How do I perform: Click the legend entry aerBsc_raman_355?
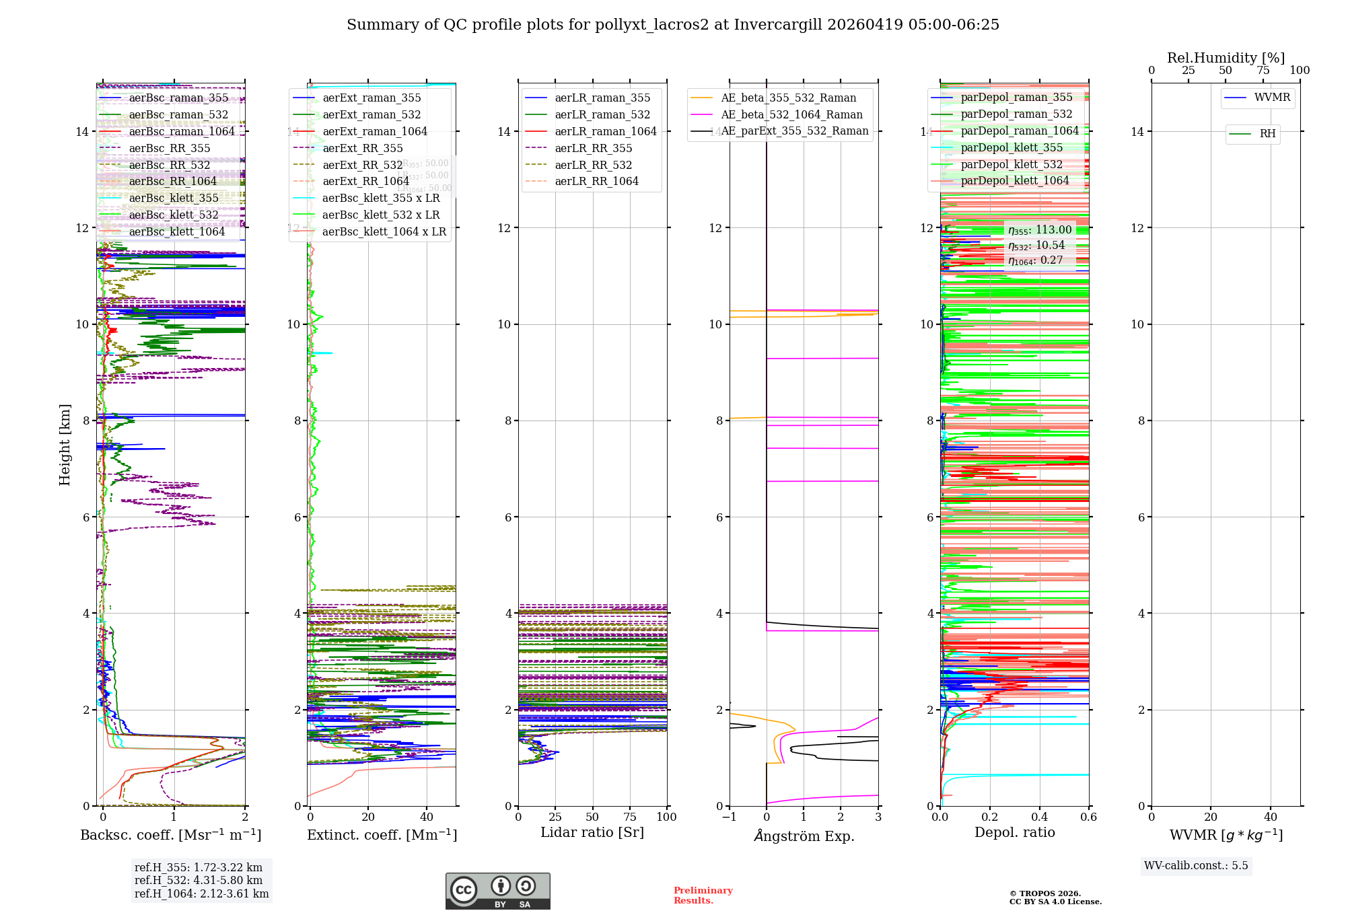(x=178, y=98)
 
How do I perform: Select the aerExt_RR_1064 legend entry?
(x=365, y=182)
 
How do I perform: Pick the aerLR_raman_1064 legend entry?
(x=606, y=132)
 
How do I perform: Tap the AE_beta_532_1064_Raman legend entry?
(x=791, y=115)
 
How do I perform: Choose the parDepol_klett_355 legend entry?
(x=1012, y=148)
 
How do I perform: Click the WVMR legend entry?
(x=1272, y=98)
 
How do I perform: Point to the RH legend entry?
(x=1267, y=134)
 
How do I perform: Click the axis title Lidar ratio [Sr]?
(x=592, y=833)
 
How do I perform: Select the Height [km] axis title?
(x=65, y=445)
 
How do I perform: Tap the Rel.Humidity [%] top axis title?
(x=1226, y=58)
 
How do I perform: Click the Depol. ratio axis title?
(x=1014, y=833)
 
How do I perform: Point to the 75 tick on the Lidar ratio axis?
(x=630, y=817)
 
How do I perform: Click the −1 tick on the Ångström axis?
(x=729, y=817)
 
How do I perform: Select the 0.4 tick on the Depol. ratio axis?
(x=1039, y=817)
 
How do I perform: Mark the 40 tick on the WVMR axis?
(x=1270, y=817)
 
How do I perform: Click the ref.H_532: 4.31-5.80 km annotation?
(x=199, y=881)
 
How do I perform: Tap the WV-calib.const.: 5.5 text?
(x=1196, y=866)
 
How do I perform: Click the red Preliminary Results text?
(x=703, y=895)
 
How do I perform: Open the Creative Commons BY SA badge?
(x=497, y=891)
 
